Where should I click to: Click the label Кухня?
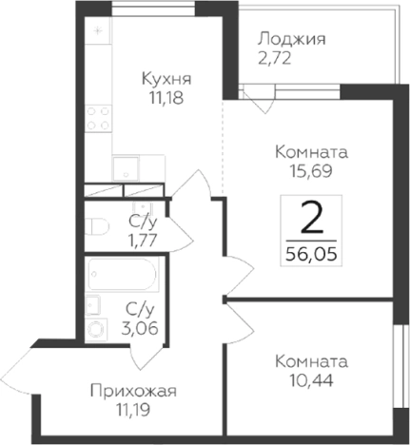[166, 79]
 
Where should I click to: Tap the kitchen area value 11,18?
[166, 98]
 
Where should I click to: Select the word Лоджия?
[292, 40]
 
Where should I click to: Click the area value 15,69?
[309, 171]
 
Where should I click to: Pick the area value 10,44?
[310, 380]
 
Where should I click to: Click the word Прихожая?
[134, 391]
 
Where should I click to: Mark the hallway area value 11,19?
[134, 410]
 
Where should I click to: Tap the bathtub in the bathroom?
[124, 278]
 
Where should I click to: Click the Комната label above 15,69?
[309, 152]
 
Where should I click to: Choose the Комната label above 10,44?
[310, 361]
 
